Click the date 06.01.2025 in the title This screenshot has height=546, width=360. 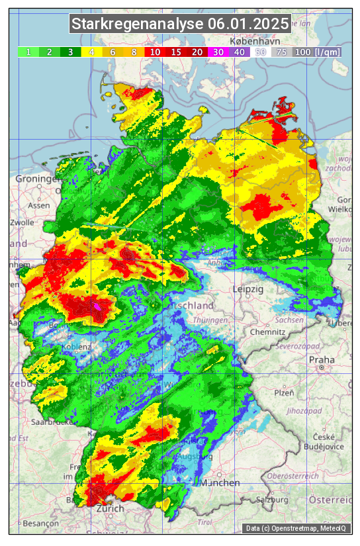coord(248,24)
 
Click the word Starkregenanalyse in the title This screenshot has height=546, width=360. coord(138,24)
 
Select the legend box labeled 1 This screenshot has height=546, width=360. coord(28,52)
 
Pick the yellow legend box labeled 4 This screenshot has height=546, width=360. coord(92,52)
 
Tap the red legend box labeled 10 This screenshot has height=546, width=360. coord(155,52)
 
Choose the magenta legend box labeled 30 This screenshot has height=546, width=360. coord(218,52)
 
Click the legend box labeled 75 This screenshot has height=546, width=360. coord(281,52)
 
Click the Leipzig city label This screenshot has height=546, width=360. coord(248,290)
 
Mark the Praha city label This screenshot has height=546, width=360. coord(322,360)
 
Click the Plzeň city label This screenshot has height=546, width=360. coord(284,392)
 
